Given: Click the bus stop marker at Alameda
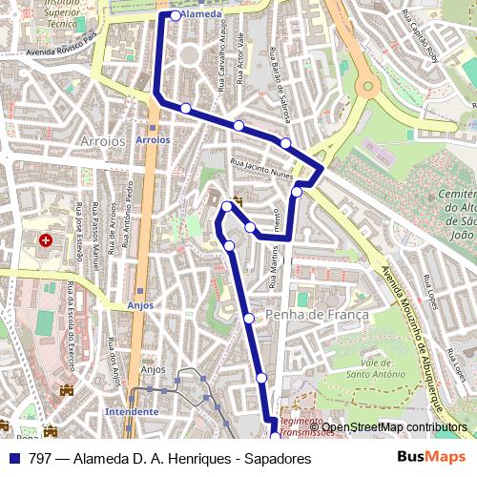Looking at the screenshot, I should coord(176,15).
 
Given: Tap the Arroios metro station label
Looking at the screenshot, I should coord(153,139).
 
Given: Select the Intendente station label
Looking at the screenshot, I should coord(132,411).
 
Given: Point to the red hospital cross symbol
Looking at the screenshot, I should coord(45,238).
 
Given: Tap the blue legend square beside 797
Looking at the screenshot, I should coord(14,458).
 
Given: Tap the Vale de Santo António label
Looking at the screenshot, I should coord(364,369).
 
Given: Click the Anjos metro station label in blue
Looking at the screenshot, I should coord(139,305).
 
